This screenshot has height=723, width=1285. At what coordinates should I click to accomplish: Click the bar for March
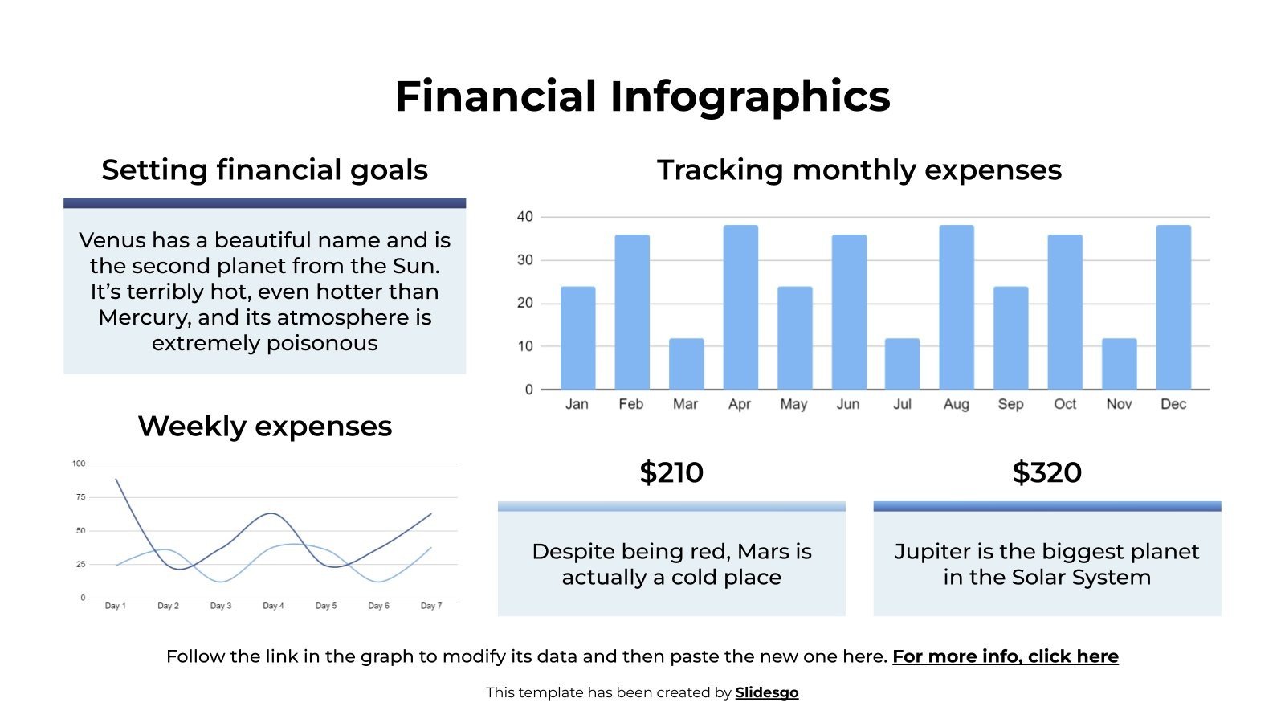pyautogui.click(x=686, y=364)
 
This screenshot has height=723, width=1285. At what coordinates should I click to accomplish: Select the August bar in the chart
pyautogui.click(x=957, y=307)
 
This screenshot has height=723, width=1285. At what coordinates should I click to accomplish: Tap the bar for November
pyautogui.click(x=1119, y=364)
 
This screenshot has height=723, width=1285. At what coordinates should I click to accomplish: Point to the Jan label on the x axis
pyautogui.click(x=577, y=404)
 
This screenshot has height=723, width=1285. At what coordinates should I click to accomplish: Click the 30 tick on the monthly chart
pyautogui.click(x=525, y=260)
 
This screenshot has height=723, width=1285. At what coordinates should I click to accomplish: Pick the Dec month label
pyautogui.click(x=1173, y=404)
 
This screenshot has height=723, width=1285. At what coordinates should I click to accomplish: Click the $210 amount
pyautogui.click(x=671, y=472)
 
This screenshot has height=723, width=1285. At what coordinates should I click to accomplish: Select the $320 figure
pyautogui.click(x=1046, y=472)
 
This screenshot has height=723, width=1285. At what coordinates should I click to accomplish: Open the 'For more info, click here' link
pyautogui.click(x=1005, y=656)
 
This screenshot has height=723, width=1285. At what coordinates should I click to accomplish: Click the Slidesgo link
pyautogui.click(x=766, y=692)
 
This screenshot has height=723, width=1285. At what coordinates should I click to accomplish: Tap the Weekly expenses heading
pyautogui.click(x=264, y=426)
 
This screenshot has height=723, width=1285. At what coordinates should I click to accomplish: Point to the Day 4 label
pyautogui.click(x=273, y=606)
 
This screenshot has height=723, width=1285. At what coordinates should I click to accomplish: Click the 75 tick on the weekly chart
pyautogui.click(x=80, y=497)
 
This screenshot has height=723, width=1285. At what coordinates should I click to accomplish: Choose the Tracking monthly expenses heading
pyautogui.click(x=859, y=170)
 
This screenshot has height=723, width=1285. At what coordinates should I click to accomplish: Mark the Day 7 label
pyautogui.click(x=431, y=606)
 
